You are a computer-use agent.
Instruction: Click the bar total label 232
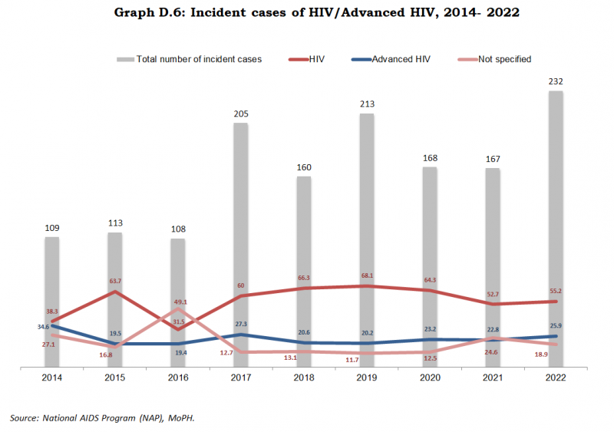pos(556,81)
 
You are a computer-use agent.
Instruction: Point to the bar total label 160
pos(304,167)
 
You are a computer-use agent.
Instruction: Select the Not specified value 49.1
pos(178,302)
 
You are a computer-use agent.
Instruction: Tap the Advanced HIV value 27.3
pos(240,324)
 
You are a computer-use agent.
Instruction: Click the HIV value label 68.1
pos(367,275)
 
